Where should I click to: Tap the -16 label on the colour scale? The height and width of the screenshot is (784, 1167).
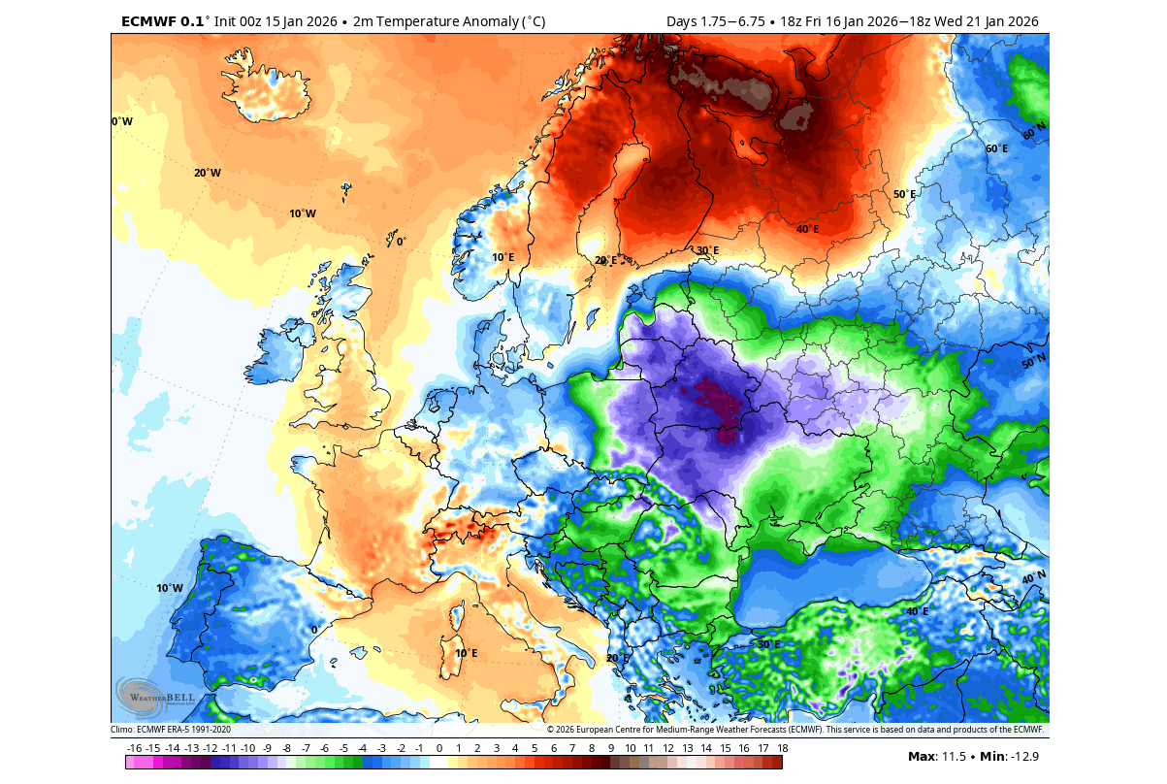pyautogui.click(x=134, y=748)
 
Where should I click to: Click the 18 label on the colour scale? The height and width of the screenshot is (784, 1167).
pyautogui.click(x=782, y=748)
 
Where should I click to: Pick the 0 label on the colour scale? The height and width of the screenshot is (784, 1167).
pyautogui.click(x=438, y=748)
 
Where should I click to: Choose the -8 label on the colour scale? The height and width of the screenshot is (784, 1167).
pyautogui.click(x=286, y=748)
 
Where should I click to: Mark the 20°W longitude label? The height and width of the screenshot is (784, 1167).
pyautogui.click(x=208, y=173)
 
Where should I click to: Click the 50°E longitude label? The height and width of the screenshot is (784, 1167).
pyautogui.click(x=904, y=194)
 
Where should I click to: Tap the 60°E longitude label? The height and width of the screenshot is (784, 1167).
pyautogui.click(x=997, y=148)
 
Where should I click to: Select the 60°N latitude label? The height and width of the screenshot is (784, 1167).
pyautogui.click(x=1034, y=128)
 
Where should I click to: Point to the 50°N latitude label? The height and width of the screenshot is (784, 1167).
pyautogui.click(x=1034, y=361)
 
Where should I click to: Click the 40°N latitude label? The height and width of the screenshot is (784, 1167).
pyautogui.click(x=1034, y=578)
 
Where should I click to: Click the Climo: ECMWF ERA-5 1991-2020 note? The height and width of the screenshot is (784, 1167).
pyautogui.click(x=171, y=730)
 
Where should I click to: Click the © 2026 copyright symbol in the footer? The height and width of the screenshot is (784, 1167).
pyautogui.click(x=551, y=730)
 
